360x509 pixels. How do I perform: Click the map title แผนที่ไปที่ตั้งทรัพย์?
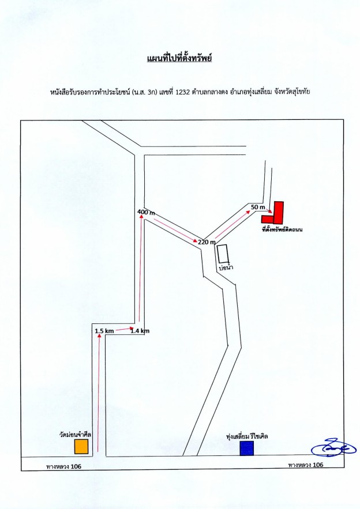tap(179, 58)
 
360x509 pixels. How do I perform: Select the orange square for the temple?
tap(81, 447)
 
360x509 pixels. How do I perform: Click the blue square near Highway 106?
tap(246, 448)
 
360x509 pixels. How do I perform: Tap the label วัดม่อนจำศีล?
tap(76, 434)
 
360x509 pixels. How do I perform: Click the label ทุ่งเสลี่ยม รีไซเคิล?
tap(247, 436)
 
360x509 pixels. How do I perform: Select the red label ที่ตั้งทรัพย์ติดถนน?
tap(282, 229)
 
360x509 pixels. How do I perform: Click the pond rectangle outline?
tap(223, 253)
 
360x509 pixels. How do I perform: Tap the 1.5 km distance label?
tap(104, 331)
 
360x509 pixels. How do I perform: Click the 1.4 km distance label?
tap(140, 331)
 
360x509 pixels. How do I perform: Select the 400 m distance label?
tap(146, 212)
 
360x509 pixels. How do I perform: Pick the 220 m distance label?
tap(207, 242)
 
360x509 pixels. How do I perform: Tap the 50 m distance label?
tap(258, 207)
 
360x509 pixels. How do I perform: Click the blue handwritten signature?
tap(333, 448)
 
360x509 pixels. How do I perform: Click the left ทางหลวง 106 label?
tap(63, 467)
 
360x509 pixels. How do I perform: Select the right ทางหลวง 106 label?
tap(306, 465)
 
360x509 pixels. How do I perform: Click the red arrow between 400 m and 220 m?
tap(175, 231)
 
